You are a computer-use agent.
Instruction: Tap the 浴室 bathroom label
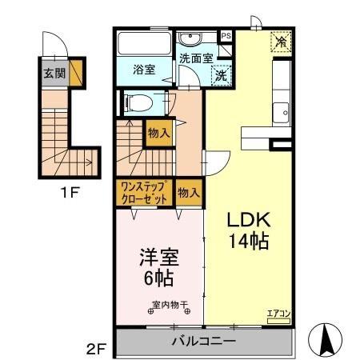143,70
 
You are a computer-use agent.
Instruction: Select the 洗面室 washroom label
195,58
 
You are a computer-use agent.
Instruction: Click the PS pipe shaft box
226,36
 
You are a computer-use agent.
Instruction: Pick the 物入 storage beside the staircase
158,134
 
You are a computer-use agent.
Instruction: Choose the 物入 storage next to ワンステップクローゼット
188,193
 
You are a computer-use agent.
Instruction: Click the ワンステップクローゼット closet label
144,194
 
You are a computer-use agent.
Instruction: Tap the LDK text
247,221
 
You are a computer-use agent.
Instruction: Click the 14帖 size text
247,240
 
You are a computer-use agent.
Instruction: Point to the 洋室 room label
158,258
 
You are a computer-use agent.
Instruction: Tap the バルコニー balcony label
203,342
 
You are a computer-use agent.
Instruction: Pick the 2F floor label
97,348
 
